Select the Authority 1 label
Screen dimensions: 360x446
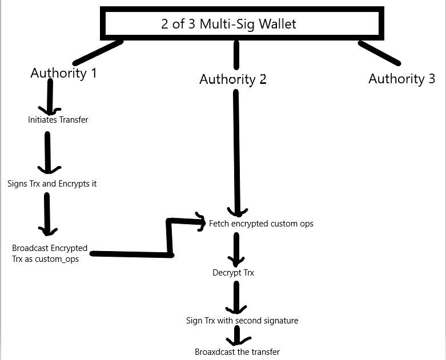point(63,73)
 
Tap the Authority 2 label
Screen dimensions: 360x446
point(232,79)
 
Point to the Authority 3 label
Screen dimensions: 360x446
point(401,79)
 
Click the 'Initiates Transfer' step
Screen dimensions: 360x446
point(58,120)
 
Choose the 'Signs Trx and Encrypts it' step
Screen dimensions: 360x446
point(52,184)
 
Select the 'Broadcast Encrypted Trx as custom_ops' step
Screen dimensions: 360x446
point(50,253)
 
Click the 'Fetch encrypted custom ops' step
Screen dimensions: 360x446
point(261,224)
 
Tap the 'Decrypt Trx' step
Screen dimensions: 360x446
point(233,273)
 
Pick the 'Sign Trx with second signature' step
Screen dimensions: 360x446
point(242,321)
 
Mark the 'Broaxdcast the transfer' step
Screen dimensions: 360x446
point(237,352)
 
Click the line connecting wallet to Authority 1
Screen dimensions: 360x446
point(98,52)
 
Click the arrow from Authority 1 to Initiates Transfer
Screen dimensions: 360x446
point(50,97)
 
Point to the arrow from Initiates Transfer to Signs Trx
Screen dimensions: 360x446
point(48,153)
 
